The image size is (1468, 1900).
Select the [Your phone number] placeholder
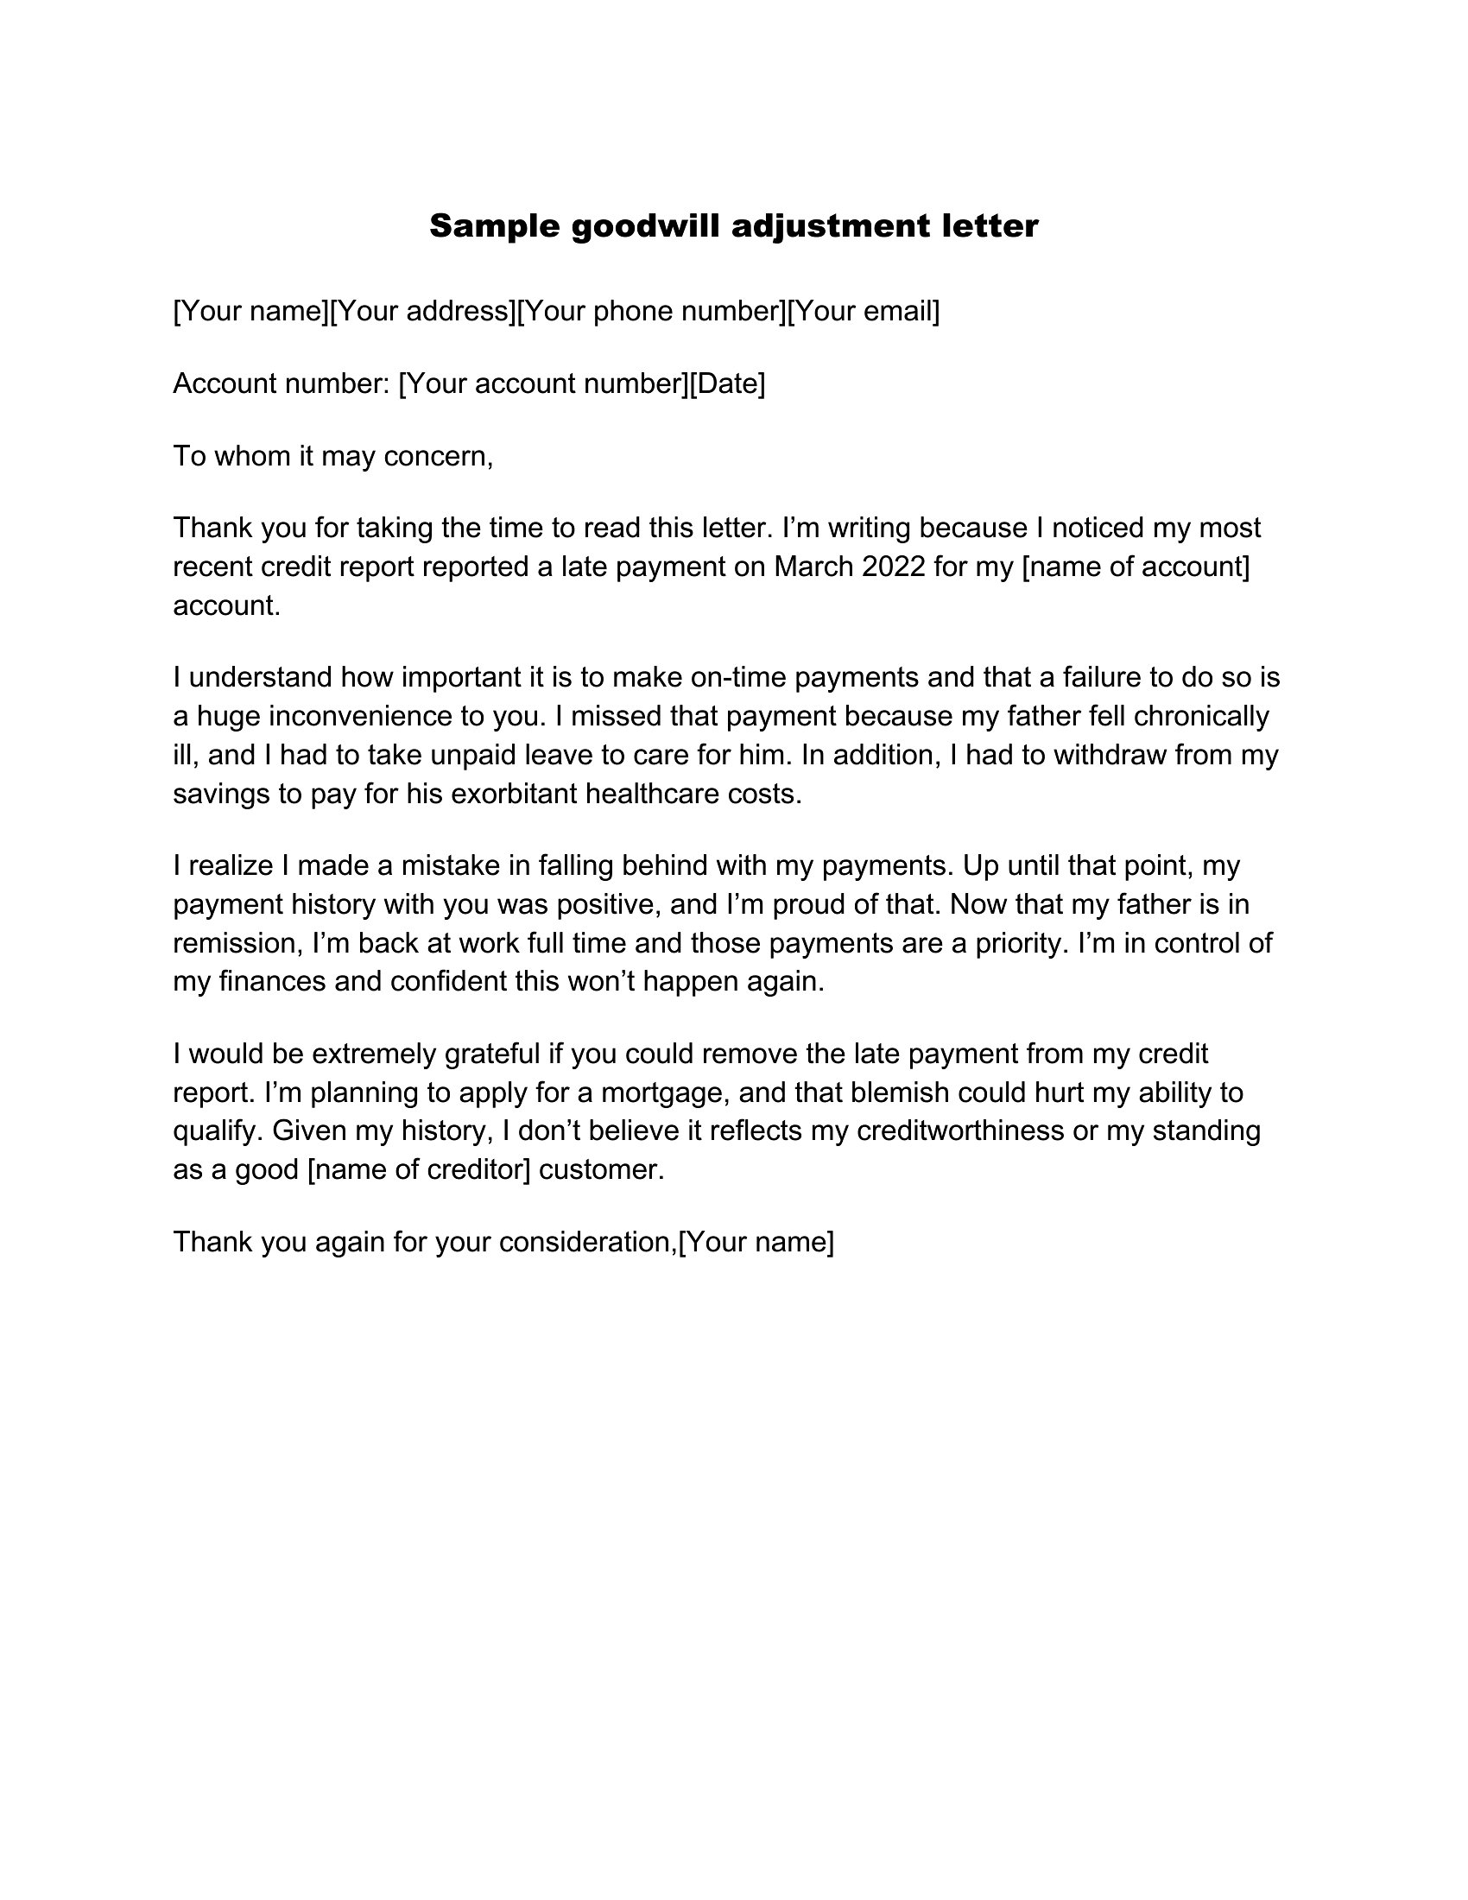[651, 311]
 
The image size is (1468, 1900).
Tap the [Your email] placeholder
[864, 311]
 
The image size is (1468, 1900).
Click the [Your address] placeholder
[424, 311]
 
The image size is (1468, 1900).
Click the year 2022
[893, 567]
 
